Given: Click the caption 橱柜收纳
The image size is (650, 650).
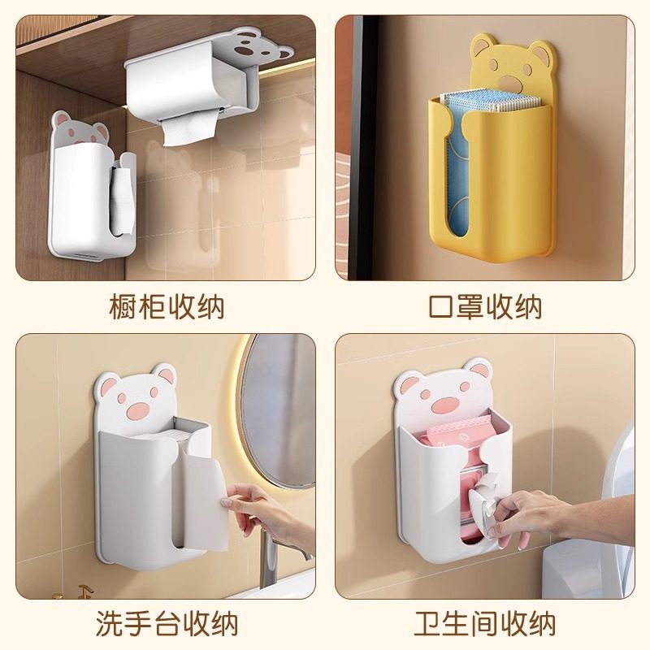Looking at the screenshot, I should pyautogui.click(x=166, y=308).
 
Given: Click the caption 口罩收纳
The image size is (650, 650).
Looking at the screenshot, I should pyautogui.click(x=485, y=308).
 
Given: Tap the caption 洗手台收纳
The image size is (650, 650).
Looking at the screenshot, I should pyautogui.click(x=166, y=624).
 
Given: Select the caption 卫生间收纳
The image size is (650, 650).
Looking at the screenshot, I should pyautogui.click(x=485, y=624).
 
